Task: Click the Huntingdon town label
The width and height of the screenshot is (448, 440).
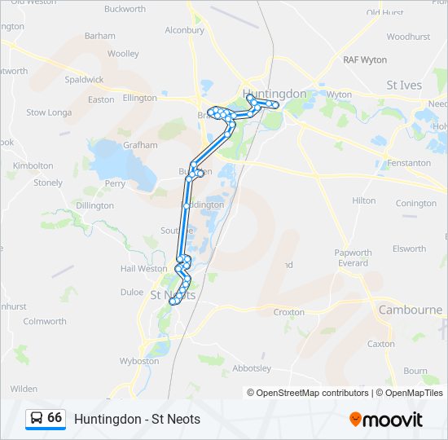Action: (276, 94)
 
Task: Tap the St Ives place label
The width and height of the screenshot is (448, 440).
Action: (404, 85)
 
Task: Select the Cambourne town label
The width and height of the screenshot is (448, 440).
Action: (411, 310)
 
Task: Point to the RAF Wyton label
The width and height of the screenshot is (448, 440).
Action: (365, 60)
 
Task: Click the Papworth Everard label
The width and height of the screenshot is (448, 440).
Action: (353, 257)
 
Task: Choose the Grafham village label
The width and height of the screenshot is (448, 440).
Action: (140, 145)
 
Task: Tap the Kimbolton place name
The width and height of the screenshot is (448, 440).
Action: (33, 165)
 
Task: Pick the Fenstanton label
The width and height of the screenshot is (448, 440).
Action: (410, 163)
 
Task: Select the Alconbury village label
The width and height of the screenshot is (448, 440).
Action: (185, 30)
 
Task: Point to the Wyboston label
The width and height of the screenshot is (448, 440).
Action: (139, 360)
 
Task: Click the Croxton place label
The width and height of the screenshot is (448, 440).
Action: (289, 312)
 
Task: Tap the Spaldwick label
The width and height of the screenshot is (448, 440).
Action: (85, 80)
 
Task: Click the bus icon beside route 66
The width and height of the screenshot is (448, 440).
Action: (36, 419)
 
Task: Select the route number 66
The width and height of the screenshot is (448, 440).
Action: (55, 418)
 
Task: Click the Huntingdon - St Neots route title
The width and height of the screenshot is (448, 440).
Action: (137, 419)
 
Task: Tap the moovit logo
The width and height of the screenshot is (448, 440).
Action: (386, 420)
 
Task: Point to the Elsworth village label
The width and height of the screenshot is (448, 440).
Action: (409, 249)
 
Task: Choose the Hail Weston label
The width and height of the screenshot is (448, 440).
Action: (143, 269)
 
